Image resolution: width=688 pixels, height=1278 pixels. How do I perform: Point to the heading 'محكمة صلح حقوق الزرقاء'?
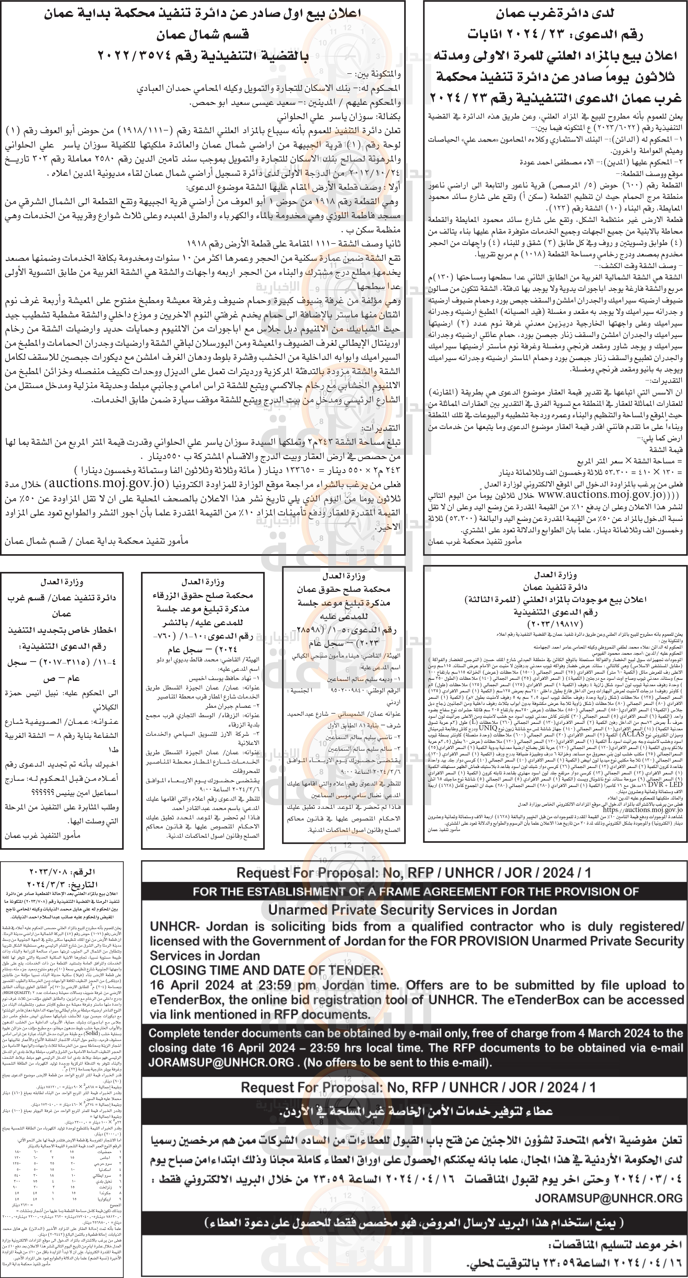tap(202, 595)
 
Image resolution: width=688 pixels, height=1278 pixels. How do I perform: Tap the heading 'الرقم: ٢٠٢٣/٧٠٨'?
tap(62, 872)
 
